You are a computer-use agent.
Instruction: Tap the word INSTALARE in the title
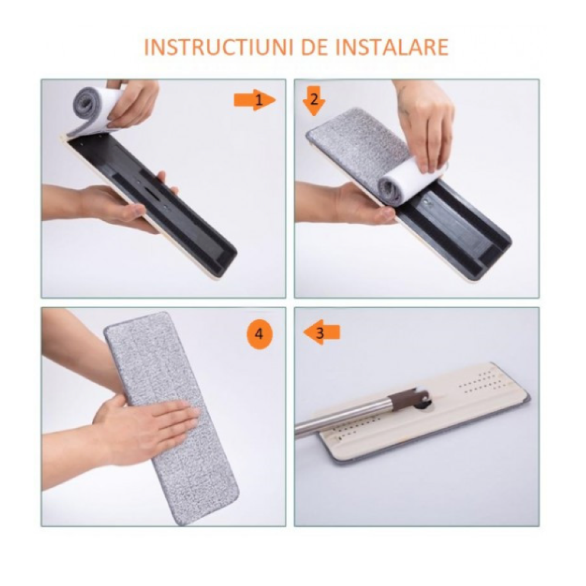[384, 47]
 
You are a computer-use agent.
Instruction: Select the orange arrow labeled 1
[255, 100]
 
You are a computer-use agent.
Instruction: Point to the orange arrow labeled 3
[321, 332]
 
